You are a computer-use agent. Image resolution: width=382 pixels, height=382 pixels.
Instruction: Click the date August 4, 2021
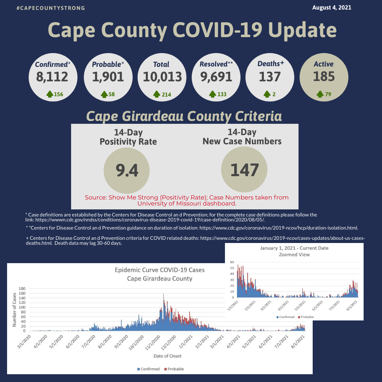331,7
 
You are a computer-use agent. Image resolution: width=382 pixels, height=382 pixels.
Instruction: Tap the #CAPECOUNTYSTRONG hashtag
51,8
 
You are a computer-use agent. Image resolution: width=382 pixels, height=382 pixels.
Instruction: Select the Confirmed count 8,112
52,77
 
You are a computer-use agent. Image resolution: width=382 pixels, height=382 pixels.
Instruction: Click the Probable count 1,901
108,77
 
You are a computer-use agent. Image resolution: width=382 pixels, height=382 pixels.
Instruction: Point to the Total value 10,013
162,77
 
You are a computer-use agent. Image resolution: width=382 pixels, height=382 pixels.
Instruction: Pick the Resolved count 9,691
216,77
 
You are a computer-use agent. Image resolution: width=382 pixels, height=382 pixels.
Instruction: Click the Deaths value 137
270,77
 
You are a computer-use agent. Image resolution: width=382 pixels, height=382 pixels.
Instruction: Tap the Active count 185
324,76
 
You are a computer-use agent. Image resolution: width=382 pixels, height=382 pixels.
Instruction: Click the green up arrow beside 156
50,94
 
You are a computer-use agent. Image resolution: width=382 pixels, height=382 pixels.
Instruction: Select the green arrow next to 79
320,94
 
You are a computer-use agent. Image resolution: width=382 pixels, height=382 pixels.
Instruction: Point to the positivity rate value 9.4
127,170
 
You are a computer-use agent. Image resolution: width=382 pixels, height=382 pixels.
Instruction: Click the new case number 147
244,170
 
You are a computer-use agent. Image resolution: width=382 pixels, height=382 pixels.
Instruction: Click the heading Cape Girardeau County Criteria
184,116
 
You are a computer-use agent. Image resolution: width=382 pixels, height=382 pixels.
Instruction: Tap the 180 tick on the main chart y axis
22,289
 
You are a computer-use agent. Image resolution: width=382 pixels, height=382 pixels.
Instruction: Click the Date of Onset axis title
167,356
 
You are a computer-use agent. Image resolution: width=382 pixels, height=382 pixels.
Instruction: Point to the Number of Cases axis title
14,309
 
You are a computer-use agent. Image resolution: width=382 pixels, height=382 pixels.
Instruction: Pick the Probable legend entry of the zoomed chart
306,317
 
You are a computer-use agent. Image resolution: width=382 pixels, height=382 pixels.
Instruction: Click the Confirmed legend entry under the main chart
148,369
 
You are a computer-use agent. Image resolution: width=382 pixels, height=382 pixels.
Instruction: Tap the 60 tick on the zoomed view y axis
232,262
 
